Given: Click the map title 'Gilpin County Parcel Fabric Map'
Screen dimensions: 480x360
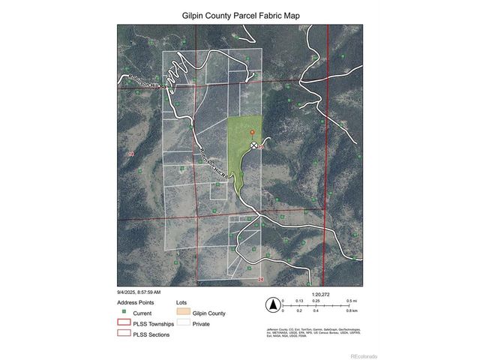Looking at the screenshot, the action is (x=240, y=14).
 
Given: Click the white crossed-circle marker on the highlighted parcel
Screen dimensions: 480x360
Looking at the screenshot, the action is (x=253, y=145).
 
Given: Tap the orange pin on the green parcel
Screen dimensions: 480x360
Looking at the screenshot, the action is (x=252, y=133).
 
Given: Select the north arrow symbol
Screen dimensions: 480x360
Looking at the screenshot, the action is (x=273, y=304).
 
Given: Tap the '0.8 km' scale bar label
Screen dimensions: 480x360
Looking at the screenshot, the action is (x=352, y=310).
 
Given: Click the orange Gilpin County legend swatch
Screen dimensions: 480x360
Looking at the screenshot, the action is (x=181, y=313).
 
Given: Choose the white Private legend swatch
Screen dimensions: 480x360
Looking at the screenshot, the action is (x=181, y=324).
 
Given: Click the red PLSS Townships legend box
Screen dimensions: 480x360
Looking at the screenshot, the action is (x=124, y=323).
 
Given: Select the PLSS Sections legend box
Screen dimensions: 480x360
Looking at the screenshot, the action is (x=124, y=334).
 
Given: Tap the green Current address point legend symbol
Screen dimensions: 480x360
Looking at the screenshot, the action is (x=124, y=313).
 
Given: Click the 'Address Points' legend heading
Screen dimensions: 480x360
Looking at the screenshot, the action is (x=136, y=301).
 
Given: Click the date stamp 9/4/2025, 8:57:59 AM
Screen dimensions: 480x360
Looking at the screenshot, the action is (x=139, y=292).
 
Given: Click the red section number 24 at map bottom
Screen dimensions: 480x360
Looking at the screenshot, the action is (x=260, y=280).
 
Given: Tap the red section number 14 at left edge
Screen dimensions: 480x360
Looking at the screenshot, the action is (x=131, y=154).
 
